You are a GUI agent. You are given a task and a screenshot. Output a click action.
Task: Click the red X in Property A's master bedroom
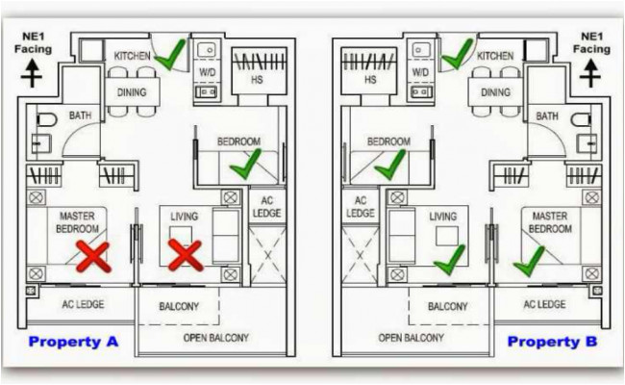pyautogui.click(x=93, y=256)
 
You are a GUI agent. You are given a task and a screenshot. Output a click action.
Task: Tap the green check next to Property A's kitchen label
pyautogui.click(x=169, y=55)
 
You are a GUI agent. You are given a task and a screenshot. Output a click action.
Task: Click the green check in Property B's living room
pyautogui.click(x=449, y=257)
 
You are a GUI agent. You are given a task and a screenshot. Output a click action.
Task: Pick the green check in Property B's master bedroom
pyautogui.click(x=528, y=259)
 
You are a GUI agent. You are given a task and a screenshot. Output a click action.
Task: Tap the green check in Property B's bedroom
pyautogui.click(x=389, y=165)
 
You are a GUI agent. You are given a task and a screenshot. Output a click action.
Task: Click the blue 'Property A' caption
pyautogui.click(x=73, y=342)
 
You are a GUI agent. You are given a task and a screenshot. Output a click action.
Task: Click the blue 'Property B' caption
pyautogui.click(x=552, y=342)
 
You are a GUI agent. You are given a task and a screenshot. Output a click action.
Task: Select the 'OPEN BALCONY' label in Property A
pyautogui.click(x=215, y=338)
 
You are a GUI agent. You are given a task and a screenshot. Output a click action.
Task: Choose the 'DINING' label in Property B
pyautogui.click(x=495, y=93)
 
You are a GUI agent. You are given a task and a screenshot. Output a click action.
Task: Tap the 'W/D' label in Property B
pyautogui.click(x=420, y=72)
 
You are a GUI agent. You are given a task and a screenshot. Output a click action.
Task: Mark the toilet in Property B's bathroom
pyautogui.click(x=580, y=123)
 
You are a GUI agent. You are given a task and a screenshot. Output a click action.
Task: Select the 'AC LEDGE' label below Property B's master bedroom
pyautogui.click(x=544, y=305)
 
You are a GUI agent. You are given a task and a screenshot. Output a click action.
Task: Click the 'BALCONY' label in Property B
pyautogui.click(x=447, y=307)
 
